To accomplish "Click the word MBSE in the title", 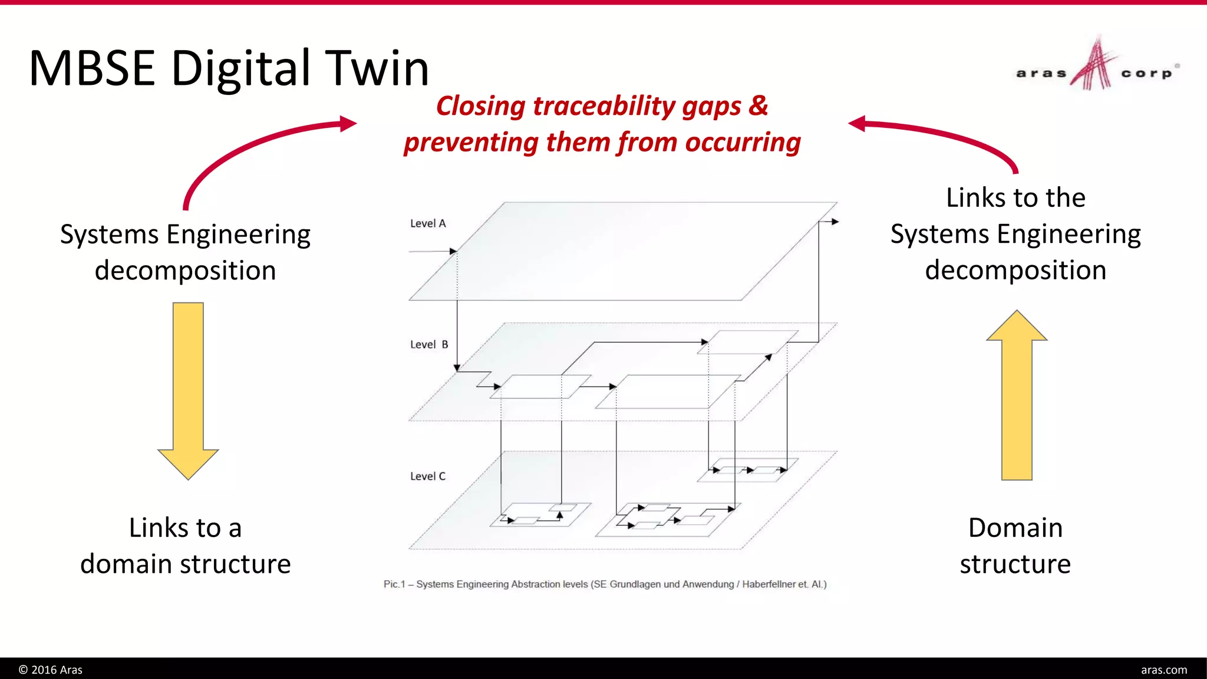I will pos(92,68).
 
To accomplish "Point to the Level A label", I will pos(428,223).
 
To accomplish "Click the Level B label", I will pos(429,344).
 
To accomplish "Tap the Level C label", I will pos(428,476).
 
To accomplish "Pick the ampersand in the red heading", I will pos(759,106).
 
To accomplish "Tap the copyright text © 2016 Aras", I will pos(51,670).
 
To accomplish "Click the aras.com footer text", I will pos(1164,670).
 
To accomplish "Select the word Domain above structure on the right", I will pos(1015,528).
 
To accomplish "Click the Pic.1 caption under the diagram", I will pos(605,584).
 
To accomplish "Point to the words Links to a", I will pos(186,528).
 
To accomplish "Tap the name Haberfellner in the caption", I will pos(769,584).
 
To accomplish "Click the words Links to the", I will pos(1015,197).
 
